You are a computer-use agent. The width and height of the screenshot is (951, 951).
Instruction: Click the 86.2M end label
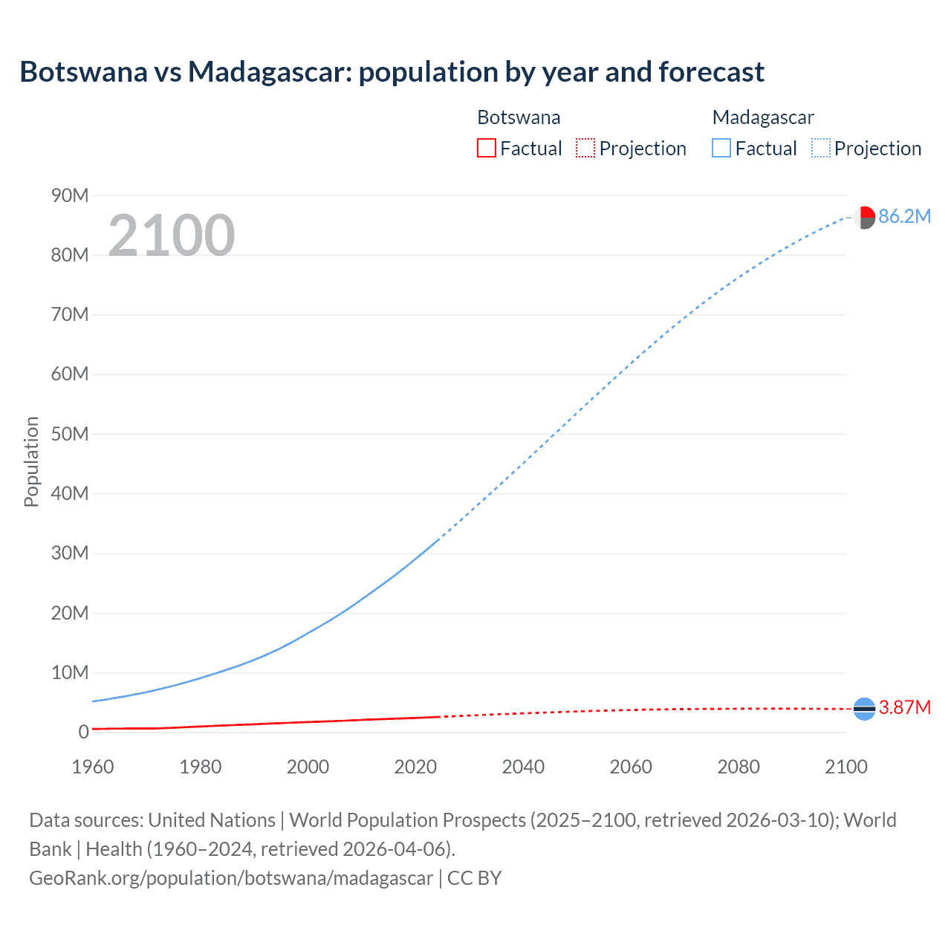[904, 216]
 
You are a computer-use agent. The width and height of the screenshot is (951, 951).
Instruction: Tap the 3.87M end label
[904, 707]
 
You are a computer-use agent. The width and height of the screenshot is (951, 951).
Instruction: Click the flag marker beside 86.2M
[864, 218]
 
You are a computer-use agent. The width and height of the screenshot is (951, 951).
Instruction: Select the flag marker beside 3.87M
[864, 709]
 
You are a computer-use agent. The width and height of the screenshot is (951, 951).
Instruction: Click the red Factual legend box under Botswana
[486, 148]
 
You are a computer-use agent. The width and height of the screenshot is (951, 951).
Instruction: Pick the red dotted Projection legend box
[585, 148]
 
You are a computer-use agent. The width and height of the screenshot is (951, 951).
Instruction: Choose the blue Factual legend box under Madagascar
[721, 148]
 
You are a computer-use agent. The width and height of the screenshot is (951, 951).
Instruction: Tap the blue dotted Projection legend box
[820, 148]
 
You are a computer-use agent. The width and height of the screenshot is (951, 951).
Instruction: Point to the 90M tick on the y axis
[70, 195]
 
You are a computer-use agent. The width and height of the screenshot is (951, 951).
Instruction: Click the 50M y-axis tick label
[70, 434]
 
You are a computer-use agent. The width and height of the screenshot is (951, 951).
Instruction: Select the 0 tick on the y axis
[83, 732]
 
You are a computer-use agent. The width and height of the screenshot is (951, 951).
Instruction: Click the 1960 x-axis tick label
[93, 767]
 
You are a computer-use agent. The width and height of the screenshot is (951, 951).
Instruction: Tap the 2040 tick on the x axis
[523, 767]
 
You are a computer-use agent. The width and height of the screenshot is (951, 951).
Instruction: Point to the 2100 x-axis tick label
[845, 767]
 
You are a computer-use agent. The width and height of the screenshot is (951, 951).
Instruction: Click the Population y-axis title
[31, 461]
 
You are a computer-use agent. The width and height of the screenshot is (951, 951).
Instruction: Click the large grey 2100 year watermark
[172, 236]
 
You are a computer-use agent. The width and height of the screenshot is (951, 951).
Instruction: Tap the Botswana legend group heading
[519, 117]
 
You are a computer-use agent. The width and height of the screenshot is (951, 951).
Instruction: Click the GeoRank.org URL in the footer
[230, 878]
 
